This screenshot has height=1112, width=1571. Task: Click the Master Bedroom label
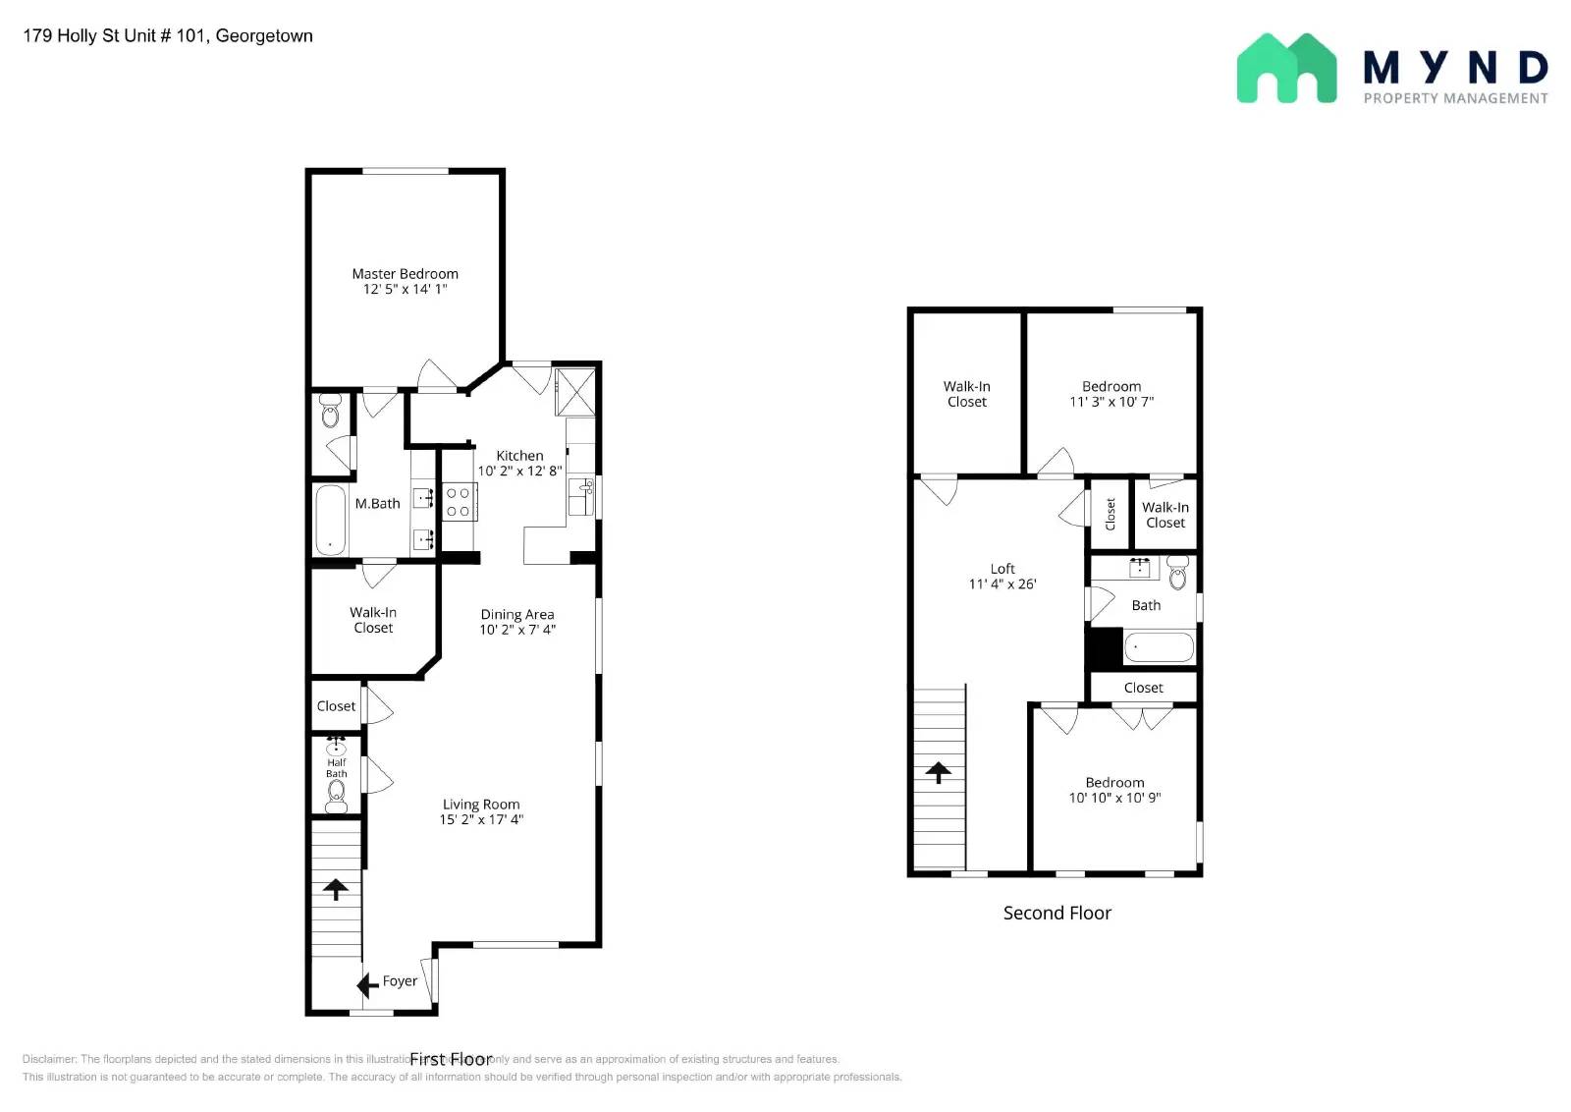(x=405, y=274)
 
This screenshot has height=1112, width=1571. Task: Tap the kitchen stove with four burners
(x=458, y=502)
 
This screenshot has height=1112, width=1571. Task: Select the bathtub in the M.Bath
(x=330, y=521)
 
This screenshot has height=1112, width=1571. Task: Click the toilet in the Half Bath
(x=336, y=794)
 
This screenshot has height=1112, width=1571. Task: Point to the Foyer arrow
(x=368, y=984)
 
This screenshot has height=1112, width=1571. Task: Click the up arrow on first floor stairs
(x=336, y=889)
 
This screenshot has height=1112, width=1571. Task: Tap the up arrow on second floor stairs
(x=938, y=772)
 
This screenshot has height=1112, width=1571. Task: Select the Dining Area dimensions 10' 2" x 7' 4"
(x=517, y=630)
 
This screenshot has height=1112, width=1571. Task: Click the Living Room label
(x=481, y=804)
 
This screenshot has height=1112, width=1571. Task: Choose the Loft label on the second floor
(x=1002, y=569)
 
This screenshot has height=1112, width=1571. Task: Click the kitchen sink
(x=581, y=497)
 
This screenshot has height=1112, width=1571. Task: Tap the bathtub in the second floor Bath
(x=1159, y=647)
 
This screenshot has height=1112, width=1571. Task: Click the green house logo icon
(x=1285, y=69)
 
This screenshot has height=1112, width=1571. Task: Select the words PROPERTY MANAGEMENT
(x=1455, y=98)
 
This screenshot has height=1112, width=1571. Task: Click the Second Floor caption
(x=1056, y=913)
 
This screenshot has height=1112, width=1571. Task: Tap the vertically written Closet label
(x=1111, y=514)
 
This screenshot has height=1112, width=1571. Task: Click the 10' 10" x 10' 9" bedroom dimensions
(x=1114, y=798)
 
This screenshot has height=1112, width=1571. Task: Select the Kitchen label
(x=519, y=456)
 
